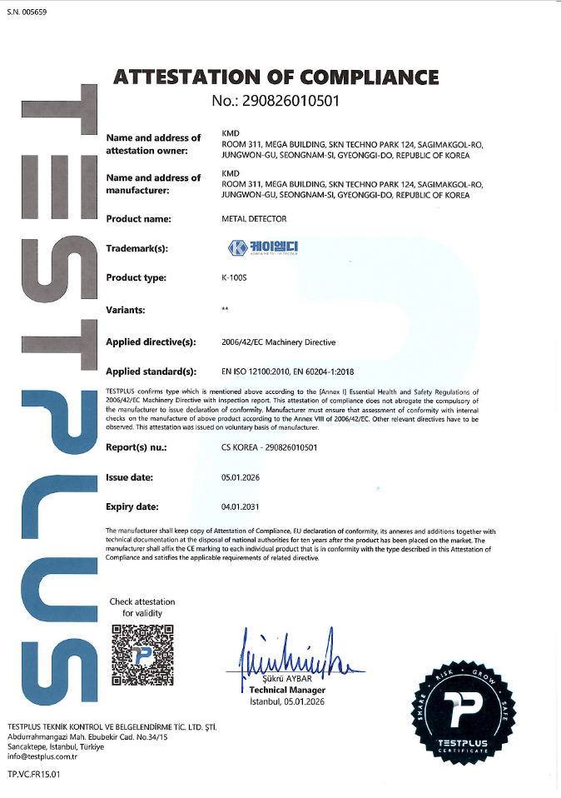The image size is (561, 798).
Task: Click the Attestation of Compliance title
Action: [x=276, y=77]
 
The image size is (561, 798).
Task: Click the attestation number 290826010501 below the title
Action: [x=276, y=102]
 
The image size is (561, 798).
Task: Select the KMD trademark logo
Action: [x=262, y=247]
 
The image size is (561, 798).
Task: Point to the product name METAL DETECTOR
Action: [x=254, y=219]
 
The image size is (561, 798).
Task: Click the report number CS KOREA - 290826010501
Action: [x=270, y=447]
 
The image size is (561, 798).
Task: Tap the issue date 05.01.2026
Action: [x=238, y=477]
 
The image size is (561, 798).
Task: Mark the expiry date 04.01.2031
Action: [x=238, y=506]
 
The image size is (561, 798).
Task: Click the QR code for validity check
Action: [x=142, y=654]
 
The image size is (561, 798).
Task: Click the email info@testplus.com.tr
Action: [x=42, y=756]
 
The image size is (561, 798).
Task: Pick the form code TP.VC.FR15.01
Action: [x=34, y=774]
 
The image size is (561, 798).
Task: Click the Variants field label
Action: [x=126, y=310]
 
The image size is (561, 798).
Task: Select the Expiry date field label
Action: [x=132, y=506]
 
